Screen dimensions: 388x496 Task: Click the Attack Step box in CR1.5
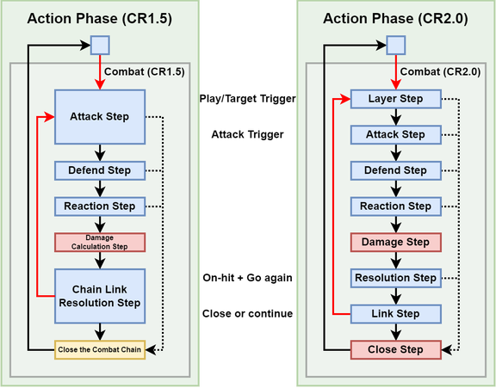click(99, 115)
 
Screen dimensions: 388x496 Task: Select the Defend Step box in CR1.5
click(99, 170)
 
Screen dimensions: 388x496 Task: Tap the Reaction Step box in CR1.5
click(99, 206)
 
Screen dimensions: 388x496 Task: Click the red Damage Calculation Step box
click(99, 242)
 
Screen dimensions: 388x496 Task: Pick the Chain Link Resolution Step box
click(99, 294)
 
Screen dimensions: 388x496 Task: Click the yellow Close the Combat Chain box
click(99, 349)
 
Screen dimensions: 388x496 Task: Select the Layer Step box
click(395, 99)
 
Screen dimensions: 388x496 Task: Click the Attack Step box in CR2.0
click(395, 135)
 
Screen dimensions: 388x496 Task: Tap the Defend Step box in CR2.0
click(395, 170)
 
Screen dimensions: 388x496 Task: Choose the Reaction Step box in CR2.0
click(395, 206)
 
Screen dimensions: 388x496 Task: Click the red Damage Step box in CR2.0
click(395, 243)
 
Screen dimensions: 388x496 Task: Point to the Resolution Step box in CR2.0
click(395, 278)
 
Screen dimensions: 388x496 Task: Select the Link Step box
click(395, 314)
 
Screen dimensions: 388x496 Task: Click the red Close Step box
click(395, 350)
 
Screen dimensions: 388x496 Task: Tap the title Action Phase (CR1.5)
click(99, 18)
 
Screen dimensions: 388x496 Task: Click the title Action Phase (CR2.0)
click(395, 18)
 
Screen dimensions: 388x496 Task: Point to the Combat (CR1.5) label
click(143, 71)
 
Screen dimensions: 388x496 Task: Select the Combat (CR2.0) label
click(439, 71)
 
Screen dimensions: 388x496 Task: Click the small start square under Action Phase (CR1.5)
click(100, 45)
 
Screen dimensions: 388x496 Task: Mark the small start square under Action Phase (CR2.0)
click(395, 45)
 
